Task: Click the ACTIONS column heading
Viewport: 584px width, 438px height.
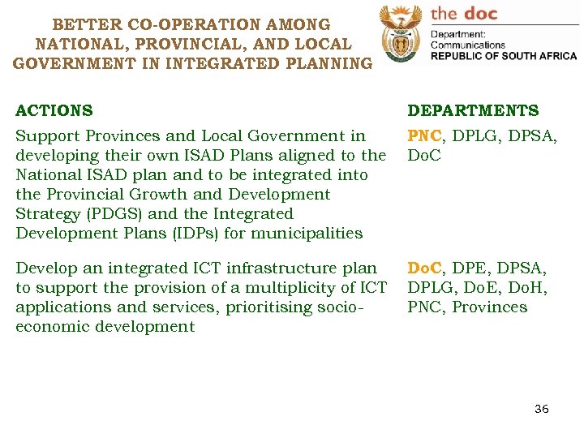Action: tap(54, 111)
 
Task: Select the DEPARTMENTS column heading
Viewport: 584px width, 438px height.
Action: tap(473, 111)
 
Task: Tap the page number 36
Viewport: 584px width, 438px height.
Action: tap(541, 409)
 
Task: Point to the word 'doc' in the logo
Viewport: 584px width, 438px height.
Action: tap(481, 13)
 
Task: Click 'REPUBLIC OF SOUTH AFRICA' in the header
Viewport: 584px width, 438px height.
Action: tap(504, 56)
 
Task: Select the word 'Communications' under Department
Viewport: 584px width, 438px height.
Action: tap(467, 45)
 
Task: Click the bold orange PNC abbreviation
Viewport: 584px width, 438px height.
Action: tap(424, 136)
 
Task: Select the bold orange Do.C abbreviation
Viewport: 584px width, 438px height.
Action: tap(424, 268)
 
